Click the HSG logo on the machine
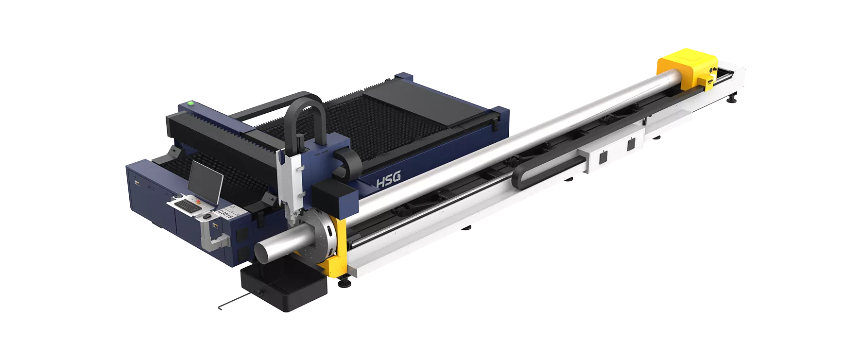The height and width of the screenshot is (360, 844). pyautogui.click(x=389, y=180)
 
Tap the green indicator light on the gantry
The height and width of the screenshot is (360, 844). pyautogui.click(x=191, y=103)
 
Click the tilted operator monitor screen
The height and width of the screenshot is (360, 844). pyautogui.click(x=205, y=183)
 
